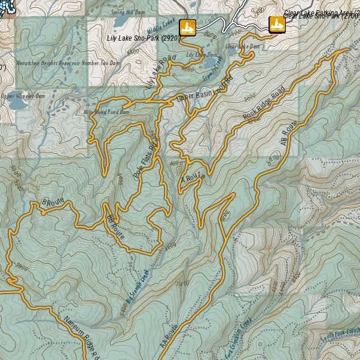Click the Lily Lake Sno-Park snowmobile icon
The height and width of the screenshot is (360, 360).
click(x=188, y=28)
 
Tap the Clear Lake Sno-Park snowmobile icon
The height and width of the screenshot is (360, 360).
click(x=276, y=24)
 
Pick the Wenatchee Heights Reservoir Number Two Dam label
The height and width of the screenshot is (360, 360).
click(x=56, y=62)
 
